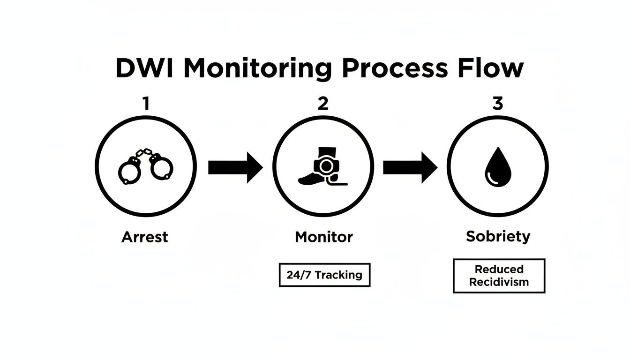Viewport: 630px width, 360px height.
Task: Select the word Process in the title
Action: pyautogui.click(x=395, y=68)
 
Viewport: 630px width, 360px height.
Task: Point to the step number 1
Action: pyautogui.click(x=146, y=103)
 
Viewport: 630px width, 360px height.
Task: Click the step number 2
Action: pyautogui.click(x=323, y=103)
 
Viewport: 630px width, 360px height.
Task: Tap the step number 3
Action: pyautogui.click(x=497, y=103)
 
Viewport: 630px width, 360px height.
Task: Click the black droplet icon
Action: pyautogui.click(x=497, y=169)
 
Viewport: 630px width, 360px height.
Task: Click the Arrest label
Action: pyautogui.click(x=144, y=237)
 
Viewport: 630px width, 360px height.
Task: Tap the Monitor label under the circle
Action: pyautogui.click(x=323, y=237)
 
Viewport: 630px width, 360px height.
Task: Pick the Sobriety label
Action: pyautogui.click(x=498, y=236)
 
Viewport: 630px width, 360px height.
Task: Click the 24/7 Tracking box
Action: pyautogui.click(x=324, y=275)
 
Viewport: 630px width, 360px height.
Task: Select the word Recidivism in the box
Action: pyautogui.click(x=499, y=282)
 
